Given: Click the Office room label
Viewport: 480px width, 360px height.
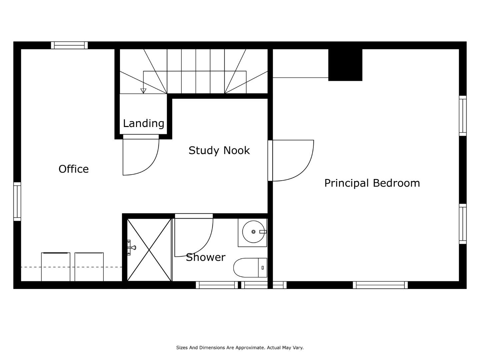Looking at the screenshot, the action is (73, 169).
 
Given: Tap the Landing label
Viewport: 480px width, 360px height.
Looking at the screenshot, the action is (143, 123).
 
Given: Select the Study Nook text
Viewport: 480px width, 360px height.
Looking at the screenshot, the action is (219, 150).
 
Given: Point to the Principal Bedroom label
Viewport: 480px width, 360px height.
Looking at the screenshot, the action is (372, 183).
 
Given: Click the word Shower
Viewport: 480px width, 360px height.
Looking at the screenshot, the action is (206, 257).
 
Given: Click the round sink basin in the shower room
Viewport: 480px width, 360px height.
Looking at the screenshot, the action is (253, 232).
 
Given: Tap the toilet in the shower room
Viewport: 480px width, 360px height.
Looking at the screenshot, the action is (250, 268).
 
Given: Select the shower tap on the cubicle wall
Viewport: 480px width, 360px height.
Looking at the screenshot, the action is (131, 248).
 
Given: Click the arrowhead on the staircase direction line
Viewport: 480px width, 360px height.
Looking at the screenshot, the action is (143, 91).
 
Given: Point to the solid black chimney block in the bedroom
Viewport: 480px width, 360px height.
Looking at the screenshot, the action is (345, 65).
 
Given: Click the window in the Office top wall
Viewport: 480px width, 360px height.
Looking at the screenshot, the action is (69, 45).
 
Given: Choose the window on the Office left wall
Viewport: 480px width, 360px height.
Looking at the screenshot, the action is (17, 202).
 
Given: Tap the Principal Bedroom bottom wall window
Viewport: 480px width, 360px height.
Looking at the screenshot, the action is (380, 285).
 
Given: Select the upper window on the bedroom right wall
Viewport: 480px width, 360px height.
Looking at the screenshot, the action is (463, 116).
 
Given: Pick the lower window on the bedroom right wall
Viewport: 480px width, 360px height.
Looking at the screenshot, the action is (463, 224).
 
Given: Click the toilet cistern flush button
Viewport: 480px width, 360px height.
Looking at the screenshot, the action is (263, 268).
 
